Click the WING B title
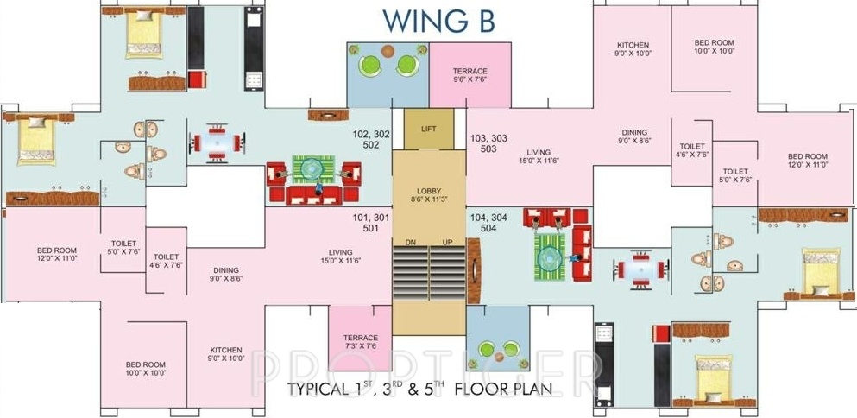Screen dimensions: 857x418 [438, 21]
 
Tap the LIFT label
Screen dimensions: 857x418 [428, 130]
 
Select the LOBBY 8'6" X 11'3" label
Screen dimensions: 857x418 [428, 195]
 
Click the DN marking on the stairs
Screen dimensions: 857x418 [411, 241]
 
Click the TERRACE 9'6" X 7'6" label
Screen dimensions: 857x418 [469, 75]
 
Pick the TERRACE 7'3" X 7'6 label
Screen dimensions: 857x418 [360, 341]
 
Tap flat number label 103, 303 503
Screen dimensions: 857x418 [488, 144]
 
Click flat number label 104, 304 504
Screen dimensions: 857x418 [488, 223]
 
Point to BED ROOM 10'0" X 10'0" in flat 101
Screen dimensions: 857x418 [145, 368]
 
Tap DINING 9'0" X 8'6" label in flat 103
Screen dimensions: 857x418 [634, 136]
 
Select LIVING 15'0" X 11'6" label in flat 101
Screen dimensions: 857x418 [341, 256]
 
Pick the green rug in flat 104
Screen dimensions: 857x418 [549, 257]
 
